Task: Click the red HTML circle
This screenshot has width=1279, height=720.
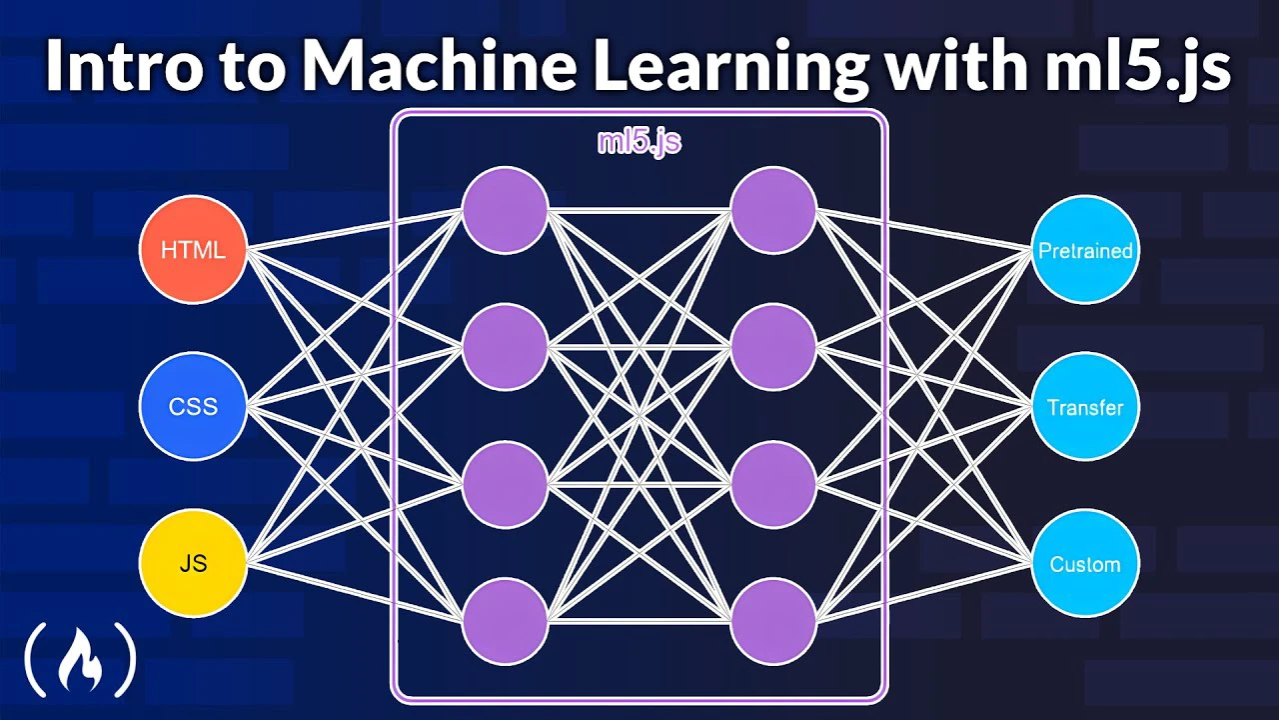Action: pos(193,250)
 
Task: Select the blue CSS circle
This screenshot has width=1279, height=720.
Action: pos(193,406)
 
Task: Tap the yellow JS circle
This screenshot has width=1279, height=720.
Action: pos(193,563)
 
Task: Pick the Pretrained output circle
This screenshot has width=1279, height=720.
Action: pos(1085,250)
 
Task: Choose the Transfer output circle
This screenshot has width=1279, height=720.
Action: pos(1085,406)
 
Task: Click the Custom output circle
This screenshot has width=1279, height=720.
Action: pos(1085,563)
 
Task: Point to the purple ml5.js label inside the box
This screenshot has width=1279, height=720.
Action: pos(639,142)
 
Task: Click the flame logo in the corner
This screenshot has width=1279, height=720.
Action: pos(80,659)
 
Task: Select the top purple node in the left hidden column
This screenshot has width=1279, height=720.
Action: pos(505,210)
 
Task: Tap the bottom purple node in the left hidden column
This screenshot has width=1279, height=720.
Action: pos(505,621)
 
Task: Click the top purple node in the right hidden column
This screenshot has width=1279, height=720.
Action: pos(773,210)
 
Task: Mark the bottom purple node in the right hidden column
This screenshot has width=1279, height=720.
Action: pos(773,621)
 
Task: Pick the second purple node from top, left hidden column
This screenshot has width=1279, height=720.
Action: pos(505,347)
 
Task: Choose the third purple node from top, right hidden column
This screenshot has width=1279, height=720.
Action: pos(773,484)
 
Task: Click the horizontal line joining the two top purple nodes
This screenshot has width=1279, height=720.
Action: pos(639,210)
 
